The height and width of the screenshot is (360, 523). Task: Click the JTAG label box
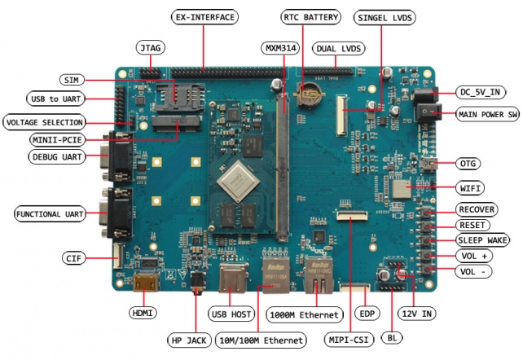pos(150,48)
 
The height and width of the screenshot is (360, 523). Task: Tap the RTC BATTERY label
pos(312,16)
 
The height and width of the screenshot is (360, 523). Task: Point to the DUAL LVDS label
pos(338,49)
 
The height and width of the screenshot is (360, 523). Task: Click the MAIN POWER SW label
pos(487,114)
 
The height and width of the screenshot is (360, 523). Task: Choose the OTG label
pos(467,163)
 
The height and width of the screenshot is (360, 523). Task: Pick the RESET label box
pos(472,225)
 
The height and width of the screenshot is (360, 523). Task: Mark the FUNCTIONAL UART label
pos(51,213)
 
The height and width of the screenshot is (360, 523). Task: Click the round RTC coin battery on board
pos(308,94)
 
